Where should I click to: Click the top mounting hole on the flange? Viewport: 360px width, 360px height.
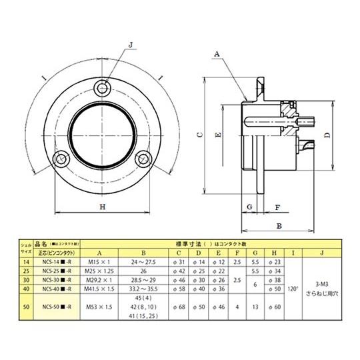(x=102, y=89)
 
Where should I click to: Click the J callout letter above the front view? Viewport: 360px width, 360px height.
(x=131, y=45)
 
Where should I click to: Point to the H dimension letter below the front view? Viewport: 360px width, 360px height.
(x=102, y=207)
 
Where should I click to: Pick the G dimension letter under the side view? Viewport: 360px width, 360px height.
(x=248, y=207)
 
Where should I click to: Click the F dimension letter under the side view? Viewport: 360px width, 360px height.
(x=277, y=207)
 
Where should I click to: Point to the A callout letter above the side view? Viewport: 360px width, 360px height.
(x=217, y=52)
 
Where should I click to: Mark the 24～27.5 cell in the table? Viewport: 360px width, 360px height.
(x=143, y=263)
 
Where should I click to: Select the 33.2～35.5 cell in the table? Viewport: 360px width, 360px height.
(x=143, y=289)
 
